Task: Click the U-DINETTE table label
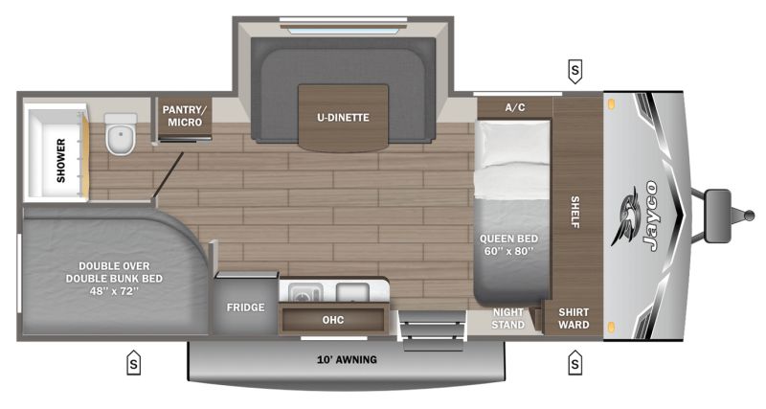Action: coord(343,118)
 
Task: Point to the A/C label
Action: coord(514,107)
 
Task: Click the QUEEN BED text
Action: coord(509,239)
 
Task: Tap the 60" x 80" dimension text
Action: coord(509,253)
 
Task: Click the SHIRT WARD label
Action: coord(574,319)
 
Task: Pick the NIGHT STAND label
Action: coord(508,319)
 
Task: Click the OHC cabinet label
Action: coord(333,320)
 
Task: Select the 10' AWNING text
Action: coord(346,360)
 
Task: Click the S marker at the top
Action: coord(574,70)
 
